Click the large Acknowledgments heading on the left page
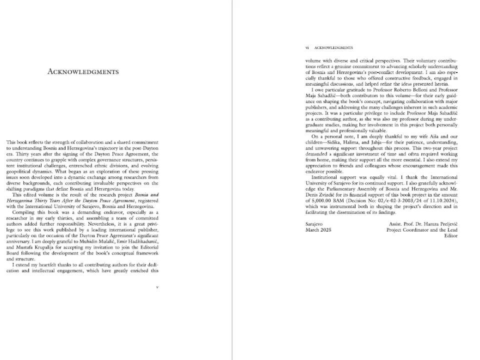pos(83,71)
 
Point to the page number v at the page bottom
pos(157,287)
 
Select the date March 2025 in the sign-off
pos(318,229)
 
